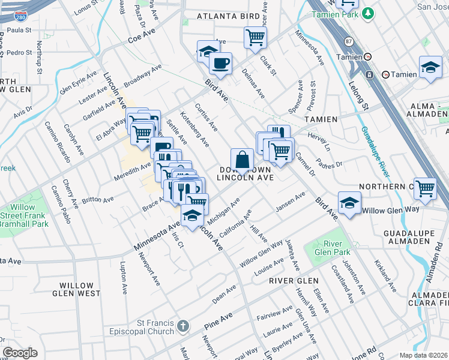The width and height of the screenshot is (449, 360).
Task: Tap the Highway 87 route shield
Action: (x=349, y=41)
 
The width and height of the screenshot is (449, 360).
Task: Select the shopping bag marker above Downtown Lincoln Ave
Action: (x=242, y=160)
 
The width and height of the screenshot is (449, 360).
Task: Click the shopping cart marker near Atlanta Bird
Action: (x=255, y=37)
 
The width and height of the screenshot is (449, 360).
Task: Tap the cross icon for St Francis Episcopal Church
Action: (x=182, y=327)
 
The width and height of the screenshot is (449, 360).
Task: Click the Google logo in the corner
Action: (x=20, y=353)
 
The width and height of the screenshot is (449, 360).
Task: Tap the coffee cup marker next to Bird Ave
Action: (x=220, y=63)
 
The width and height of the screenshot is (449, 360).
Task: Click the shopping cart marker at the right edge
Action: (x=425, y=188)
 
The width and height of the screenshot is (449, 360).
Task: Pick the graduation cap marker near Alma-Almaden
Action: (x=430, y=67)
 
